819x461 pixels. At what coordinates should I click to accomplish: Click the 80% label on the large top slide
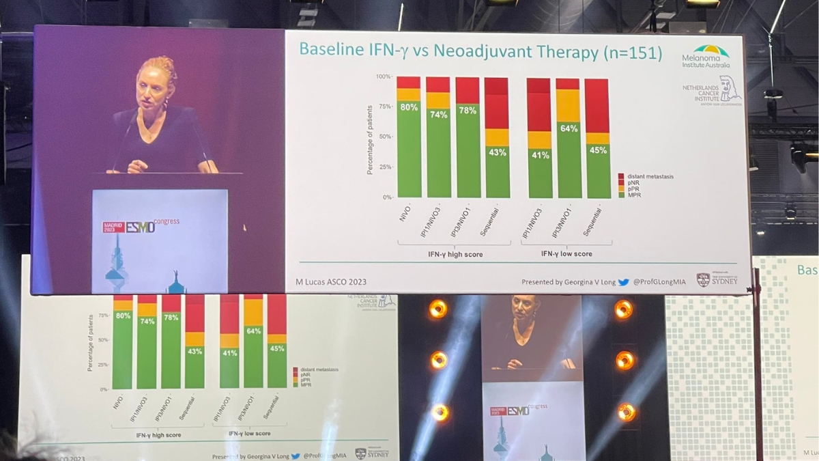[409, 107]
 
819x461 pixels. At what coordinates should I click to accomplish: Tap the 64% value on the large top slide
[569, 128]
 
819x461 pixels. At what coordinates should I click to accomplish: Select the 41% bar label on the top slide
[540, 155]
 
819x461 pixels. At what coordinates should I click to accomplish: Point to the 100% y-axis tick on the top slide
[383, 76]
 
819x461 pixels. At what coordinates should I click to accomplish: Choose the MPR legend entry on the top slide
[632, 195]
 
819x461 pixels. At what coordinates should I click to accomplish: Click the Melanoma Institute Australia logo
[706, 56]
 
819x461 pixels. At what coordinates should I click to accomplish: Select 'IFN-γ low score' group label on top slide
[566, 254]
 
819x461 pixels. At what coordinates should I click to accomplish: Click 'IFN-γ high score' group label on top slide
[455, 254]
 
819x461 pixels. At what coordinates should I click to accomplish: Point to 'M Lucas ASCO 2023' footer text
[331, 282]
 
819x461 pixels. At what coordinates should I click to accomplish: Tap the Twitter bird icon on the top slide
[623, 282]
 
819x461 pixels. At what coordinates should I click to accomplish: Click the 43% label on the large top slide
[497, 152]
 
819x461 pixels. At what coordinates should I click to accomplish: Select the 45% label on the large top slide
[598, 150]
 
